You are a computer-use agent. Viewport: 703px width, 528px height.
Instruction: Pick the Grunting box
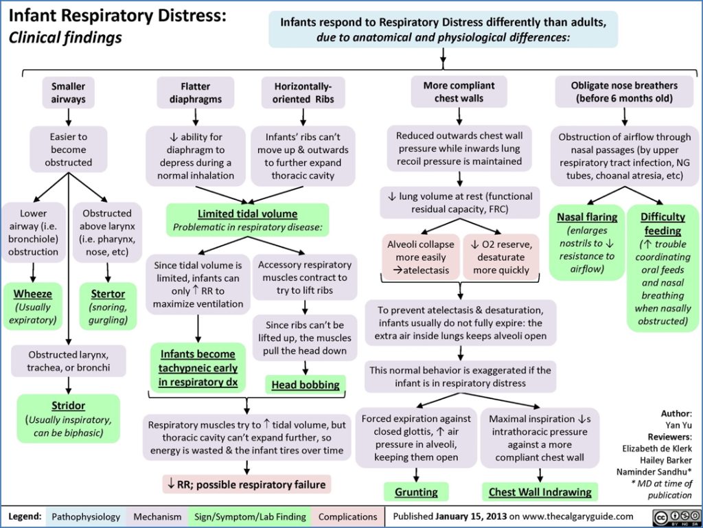pos(416,492)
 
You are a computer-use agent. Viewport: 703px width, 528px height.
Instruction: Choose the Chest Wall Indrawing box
pos(540,492)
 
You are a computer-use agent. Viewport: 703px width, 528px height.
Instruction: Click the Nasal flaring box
pos(587,242)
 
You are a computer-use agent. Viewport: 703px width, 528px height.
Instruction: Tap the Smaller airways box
pos(68,93)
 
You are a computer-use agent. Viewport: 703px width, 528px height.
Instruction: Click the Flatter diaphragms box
pos(196,93)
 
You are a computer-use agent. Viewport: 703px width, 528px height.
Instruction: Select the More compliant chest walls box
pos(458,92)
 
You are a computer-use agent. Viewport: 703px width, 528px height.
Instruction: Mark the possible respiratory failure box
pos(246,484)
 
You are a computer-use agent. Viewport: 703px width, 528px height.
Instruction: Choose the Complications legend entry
pos(348,516)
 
